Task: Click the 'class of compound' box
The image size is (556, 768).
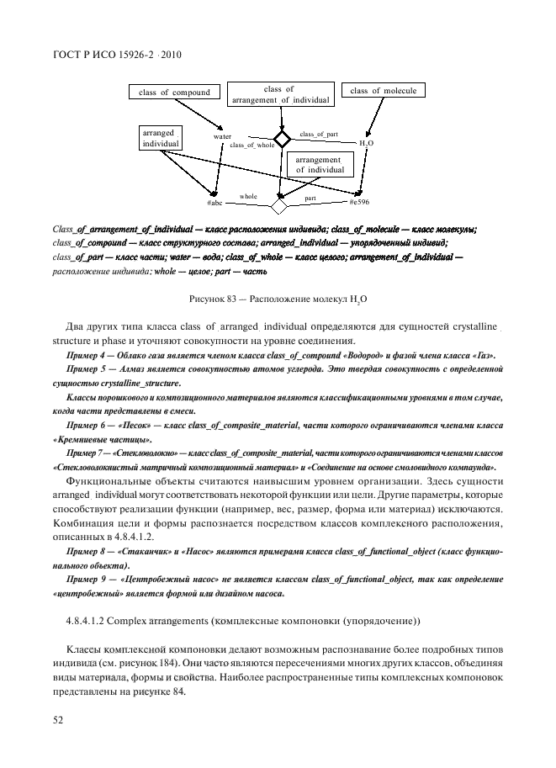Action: point(174,93)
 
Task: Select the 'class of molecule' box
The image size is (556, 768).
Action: point(382,91)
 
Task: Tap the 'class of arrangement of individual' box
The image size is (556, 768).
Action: point(278,94)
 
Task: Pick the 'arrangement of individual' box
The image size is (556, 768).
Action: point(319,165)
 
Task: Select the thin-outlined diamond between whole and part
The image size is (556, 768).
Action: point(278,204)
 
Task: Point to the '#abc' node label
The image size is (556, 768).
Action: point(214,204)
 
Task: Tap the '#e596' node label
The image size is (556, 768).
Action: point(358,203)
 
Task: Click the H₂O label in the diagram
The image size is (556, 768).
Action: point(366,144)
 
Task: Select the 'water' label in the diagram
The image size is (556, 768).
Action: point(222,136)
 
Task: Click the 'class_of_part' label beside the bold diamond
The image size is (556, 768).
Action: point(319,135)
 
